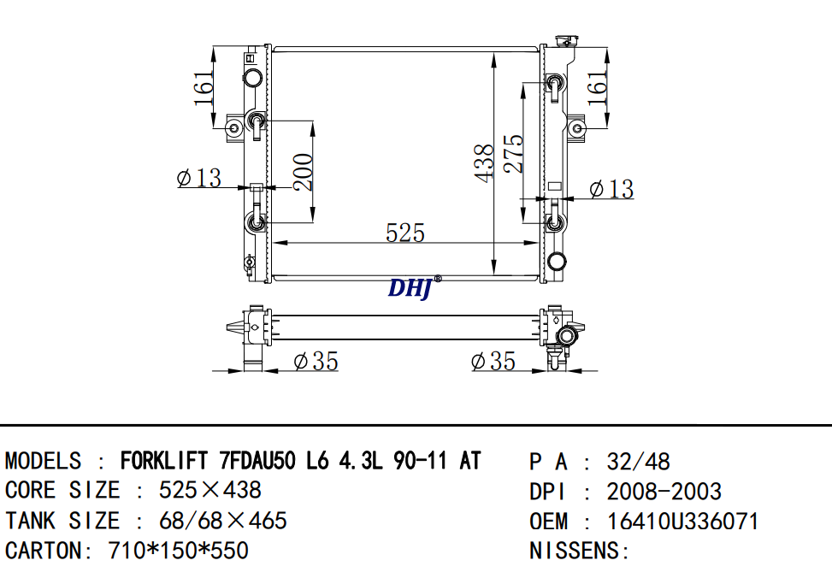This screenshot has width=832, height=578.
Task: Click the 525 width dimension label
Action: click(x=405, y=233)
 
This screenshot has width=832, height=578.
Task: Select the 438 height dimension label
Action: click(x=485, y=163)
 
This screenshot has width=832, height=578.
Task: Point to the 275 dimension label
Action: click(x=514, y=154)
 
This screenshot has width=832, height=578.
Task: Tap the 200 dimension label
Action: click(x=303, y=172)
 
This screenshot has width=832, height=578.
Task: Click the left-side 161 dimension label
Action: click(x=204, y=88)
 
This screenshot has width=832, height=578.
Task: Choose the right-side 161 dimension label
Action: click(x=598, y=88)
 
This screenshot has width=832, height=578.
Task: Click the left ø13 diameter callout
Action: click(x=199, y=178)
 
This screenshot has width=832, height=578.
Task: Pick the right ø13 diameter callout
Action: click(x=611, y=189)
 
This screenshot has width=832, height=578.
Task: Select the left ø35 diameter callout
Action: click(x=316, y=362)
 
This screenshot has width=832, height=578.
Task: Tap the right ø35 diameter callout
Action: click(x=493, y=362)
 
